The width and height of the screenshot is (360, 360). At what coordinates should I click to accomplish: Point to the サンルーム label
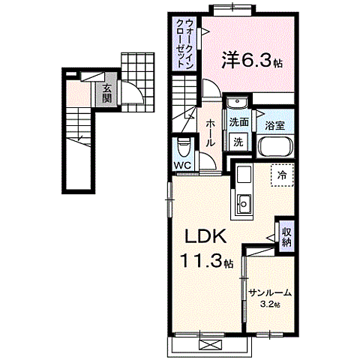[x=270, y=293]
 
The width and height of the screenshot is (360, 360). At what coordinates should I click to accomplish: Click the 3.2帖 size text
[x=271, y=304]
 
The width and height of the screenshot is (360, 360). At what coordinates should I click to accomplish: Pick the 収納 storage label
[x=286, y=238]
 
